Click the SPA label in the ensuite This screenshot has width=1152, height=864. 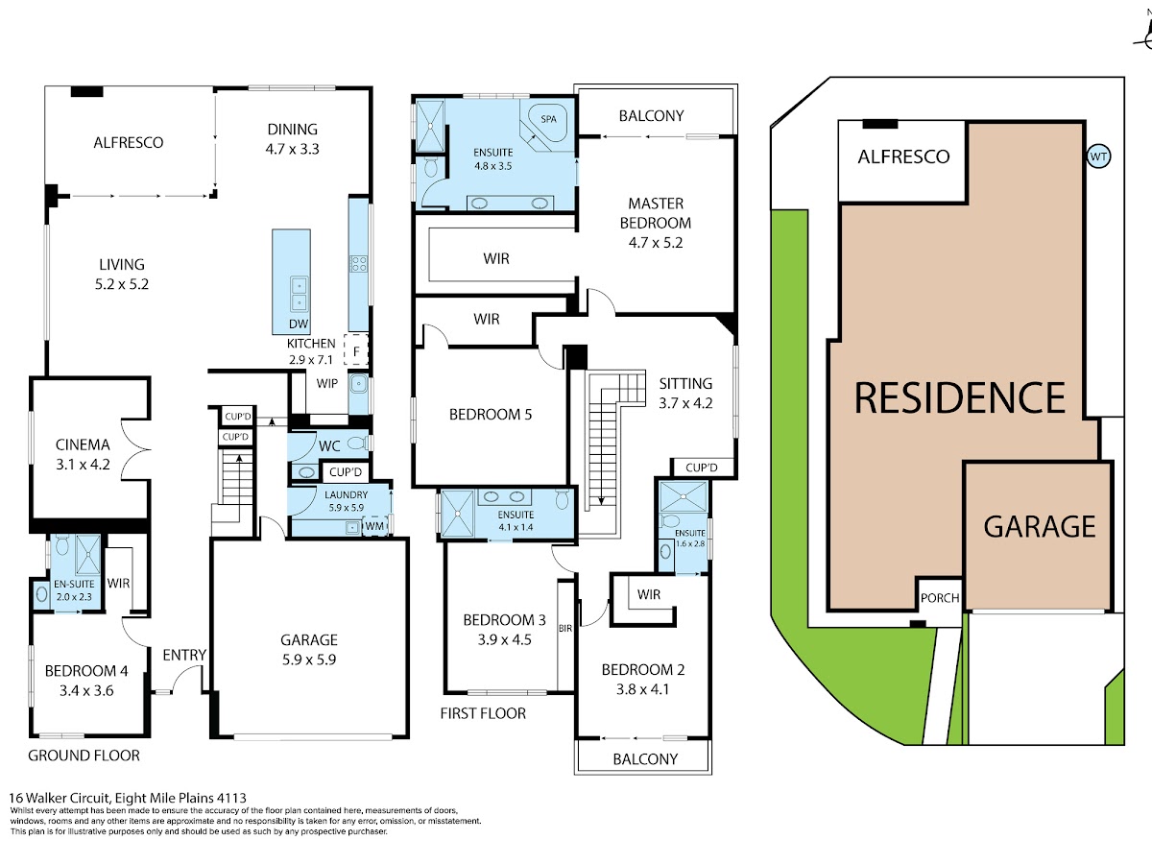point(548,119)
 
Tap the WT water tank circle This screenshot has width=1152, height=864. point(1098,156)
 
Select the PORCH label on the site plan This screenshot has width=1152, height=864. point(940,598)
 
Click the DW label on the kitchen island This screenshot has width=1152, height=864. point(299,324)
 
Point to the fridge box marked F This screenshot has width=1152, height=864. point(356,349)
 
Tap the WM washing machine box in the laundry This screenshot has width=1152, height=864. point(374,526)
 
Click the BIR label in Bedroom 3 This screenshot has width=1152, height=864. point(565,629)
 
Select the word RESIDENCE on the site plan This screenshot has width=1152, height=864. point(960,398)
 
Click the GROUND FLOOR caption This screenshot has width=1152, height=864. point(84,756)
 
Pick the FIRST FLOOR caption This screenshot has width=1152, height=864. point(483,713)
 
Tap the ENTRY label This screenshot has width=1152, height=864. point(184,655)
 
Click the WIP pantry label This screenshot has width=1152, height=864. point(327,383)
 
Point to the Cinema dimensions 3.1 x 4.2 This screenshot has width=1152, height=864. point(83,465)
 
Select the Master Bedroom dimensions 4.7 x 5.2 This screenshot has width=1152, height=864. point(656,242)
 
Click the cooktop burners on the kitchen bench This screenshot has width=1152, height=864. point(359,263)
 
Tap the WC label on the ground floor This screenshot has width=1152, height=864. point(329,445)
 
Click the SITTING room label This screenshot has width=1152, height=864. point(685,383)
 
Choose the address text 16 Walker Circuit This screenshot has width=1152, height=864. point(60,798)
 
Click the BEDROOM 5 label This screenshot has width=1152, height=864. point(491,415)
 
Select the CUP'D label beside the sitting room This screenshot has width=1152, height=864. point(702,468)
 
